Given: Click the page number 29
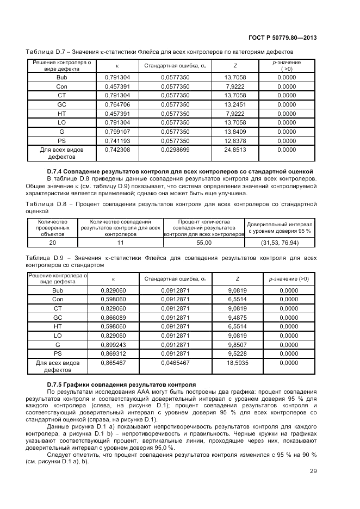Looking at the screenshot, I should (313, 471).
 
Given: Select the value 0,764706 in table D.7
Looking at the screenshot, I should (117, 104).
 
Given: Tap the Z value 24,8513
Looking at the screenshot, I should (235, 149).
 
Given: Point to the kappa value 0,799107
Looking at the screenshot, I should (117, 132).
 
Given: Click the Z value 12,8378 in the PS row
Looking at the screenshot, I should (235, 140).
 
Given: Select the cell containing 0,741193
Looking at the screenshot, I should (117, 140).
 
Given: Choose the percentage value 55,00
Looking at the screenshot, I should (204, 243).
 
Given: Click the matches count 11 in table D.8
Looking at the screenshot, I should (121, 243).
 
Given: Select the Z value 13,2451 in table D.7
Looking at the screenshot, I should (235, 104).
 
